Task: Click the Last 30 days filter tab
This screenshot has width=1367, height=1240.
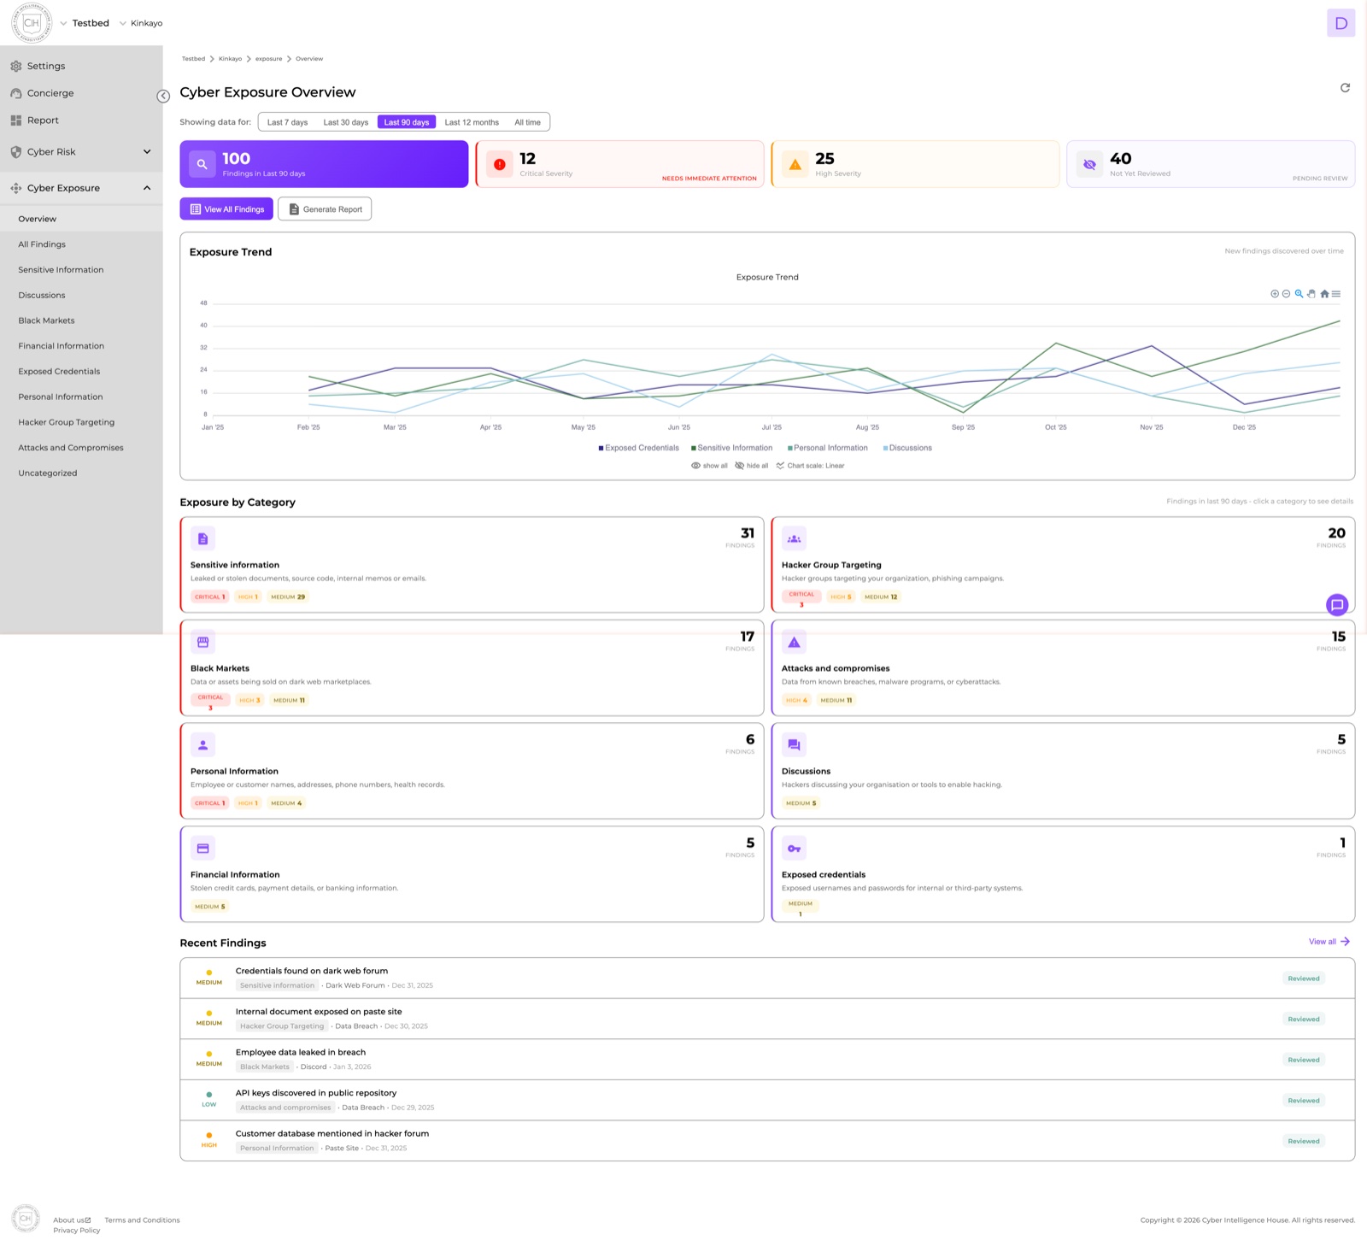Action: click(x=345, y=122)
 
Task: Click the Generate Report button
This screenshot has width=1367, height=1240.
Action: click(x=325, y=209)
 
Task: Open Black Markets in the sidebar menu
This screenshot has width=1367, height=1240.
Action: click(x=46, y=320)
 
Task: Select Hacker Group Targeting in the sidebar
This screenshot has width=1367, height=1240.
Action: click(x=66, y=422)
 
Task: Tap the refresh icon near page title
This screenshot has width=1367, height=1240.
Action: click(x=1345, y=88)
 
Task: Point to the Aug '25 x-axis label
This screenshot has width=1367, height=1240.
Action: click(x=867, y=427)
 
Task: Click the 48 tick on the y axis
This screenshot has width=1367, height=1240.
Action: click(x=203, y=303)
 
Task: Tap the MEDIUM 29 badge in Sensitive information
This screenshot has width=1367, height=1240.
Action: click(x=287, y=597)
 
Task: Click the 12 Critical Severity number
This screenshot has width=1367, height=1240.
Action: click(x=527, y=159)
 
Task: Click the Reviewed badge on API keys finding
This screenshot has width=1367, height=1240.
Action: click(x=1303, y=1101)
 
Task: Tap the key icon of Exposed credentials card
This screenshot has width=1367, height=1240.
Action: click(x=794, y=849)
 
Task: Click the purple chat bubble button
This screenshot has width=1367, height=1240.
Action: click(x=1337, y=605)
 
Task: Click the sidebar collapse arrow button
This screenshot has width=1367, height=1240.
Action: click(x=163, y=97)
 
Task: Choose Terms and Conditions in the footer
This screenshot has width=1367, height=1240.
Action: click(x=142, y=1220)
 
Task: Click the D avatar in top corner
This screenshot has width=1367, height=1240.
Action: click(x=1341, y=23)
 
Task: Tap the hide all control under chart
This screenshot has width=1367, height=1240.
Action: click(x=752, y=466)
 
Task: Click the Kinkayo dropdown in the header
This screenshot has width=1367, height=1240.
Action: click(x=141, y=23)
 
